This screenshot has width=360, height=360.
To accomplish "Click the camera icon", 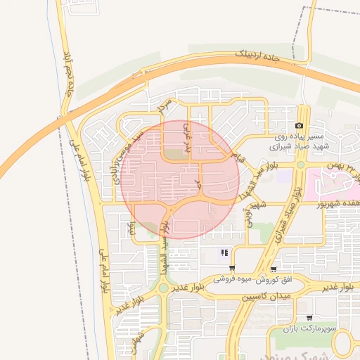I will click(299, 124).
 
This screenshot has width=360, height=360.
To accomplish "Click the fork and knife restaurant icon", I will click(224, 252).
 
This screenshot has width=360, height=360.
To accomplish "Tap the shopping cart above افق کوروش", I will click(273, 268).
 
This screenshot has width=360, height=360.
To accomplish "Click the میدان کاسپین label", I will click(264, 297).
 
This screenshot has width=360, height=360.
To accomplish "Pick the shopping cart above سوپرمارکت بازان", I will click(309, 317).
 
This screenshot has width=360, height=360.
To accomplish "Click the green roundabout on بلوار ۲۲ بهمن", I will click(301, 165).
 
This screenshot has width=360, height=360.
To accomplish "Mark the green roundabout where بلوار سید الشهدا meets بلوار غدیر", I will click(163, 288).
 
